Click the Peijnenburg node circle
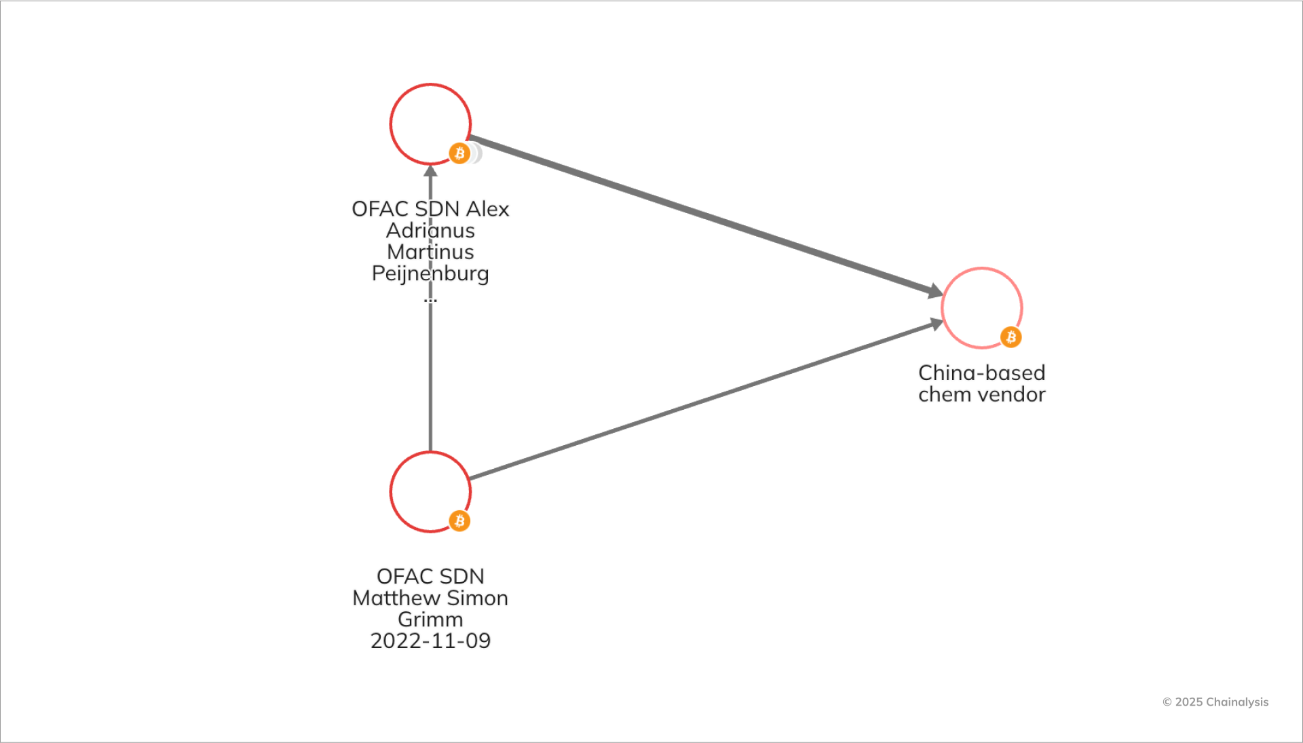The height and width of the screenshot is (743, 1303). click(x=430, y=124)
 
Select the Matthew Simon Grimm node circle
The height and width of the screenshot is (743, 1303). click(x=430, y=492)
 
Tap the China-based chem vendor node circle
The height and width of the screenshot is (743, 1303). click(x=981, y=308)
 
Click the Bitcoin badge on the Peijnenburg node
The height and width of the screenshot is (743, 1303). click(x=459, y=153)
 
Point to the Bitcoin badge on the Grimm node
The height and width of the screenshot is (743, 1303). click(x=459, y=521)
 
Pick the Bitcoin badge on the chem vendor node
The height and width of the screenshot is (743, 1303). click(x=1011, y=337)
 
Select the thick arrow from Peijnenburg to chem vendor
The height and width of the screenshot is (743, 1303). click(x=706, y=216)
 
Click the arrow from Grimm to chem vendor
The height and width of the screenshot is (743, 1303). click(x=706, y=401)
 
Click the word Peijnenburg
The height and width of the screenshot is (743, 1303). click(x=430, y=273)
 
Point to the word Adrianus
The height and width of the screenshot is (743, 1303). click(x=430, y=231)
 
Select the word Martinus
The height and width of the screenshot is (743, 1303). click(x=430, y=252)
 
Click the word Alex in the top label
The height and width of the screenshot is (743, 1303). click(x=487, y=209)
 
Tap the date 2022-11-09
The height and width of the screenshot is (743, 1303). click(x=430, y=641)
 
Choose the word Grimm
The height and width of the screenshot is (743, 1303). click(x=430, y=620)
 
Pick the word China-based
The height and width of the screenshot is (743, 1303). click(x=981, y=373)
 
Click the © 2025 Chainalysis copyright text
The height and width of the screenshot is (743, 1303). click(x=1215, y=702)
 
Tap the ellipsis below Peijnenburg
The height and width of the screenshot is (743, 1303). click(x=430, y=299)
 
